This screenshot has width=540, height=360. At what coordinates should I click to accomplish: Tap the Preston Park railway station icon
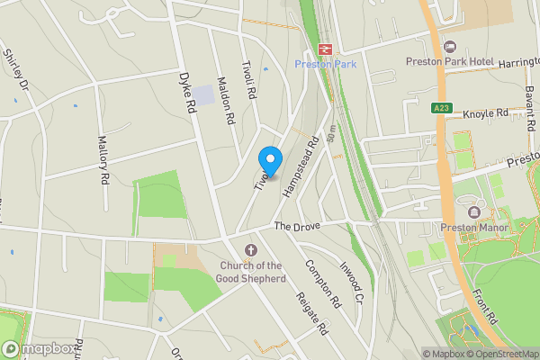[x=324, y=49]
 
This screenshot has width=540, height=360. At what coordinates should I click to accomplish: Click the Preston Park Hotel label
[x=450, y=61]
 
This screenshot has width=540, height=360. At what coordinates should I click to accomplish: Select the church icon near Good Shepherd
[x=250, y=249]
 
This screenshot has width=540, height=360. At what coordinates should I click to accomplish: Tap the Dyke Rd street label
[x=187, y=93]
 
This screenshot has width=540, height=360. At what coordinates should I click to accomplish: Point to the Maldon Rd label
[x=227, y=104]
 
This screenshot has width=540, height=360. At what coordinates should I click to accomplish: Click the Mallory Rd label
[x=104, y=158]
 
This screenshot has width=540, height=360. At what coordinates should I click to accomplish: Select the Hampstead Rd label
[x=301, y=166]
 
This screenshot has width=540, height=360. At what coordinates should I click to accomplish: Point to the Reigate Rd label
[x=312, y=314]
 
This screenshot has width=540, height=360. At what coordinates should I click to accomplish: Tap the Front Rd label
[x=488, y=305]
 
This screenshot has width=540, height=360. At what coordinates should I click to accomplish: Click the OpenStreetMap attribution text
[x=501, y=354]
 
